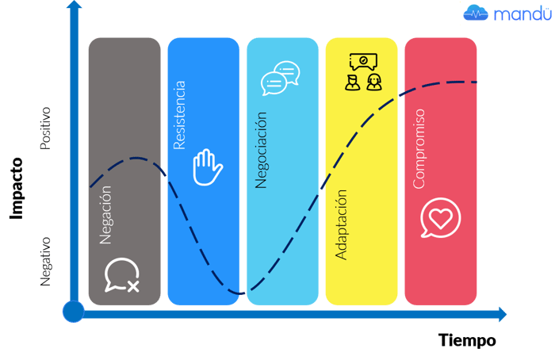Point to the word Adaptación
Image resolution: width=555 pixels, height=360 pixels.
(342, 224)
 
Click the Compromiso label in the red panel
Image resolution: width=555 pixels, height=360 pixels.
(419, 148)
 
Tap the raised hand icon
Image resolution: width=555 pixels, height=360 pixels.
(208, 167)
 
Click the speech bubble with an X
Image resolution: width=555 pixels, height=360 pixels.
(121, 275)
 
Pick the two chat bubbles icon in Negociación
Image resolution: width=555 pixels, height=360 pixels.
(279, 78)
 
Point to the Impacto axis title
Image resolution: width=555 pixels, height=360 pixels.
(17, 188)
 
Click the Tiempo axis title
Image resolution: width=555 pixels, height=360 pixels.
(467, 341)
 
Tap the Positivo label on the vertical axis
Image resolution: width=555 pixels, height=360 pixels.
(45, 128)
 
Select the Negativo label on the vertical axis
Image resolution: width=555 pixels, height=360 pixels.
(45, 261)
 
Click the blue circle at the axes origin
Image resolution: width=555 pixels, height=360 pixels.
(73, 312)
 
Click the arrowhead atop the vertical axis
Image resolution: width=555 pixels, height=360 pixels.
(74, 8)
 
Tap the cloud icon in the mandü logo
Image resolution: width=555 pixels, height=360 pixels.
(476, 13)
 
